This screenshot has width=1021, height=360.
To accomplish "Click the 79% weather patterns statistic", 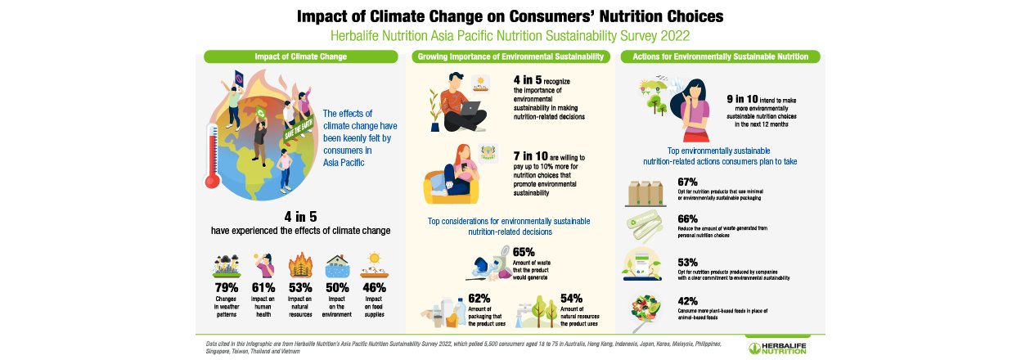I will (x=227, y=287).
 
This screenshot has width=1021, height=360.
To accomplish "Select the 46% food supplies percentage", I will (x=374, y=287).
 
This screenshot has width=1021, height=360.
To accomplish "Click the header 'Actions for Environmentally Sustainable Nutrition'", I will (x=715, y=56).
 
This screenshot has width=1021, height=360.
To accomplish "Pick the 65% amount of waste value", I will (x=524, y=252).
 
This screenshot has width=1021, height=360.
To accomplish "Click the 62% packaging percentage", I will (x=479, y=299).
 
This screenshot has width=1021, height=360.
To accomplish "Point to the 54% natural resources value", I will (x=571, y=299).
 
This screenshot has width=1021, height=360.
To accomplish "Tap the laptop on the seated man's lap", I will (x=471, y=107).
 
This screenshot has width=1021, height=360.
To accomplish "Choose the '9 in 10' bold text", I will (x=744, y=98).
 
